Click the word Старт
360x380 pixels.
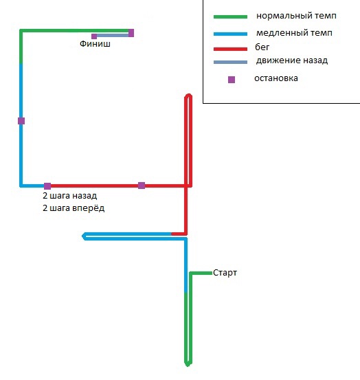click(225, 273)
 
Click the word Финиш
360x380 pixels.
click(95, 44)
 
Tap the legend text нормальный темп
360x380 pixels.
click(296, 16)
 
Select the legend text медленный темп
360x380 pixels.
click(294, 33)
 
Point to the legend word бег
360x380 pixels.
click(262, 47)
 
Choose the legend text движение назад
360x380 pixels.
click(292, 60)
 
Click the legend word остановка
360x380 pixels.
click(276, 78)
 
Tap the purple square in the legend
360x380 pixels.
click(232, 80)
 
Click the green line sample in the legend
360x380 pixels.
click(230, 16)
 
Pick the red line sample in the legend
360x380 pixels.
click(230, 49)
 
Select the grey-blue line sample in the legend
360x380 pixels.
click(230, 63)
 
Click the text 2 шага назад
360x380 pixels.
click(70, 196)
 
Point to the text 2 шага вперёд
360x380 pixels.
click(74, 208)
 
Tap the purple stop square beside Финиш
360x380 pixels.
click(94, 36)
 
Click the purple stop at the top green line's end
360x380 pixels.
click(131, 33)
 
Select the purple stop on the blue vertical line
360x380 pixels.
click(21, 121)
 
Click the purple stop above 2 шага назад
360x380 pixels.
click(47, 186)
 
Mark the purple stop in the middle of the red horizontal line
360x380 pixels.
click(142, 186)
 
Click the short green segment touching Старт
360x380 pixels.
click(201, 273)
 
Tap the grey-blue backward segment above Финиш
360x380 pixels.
click(113, 36)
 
